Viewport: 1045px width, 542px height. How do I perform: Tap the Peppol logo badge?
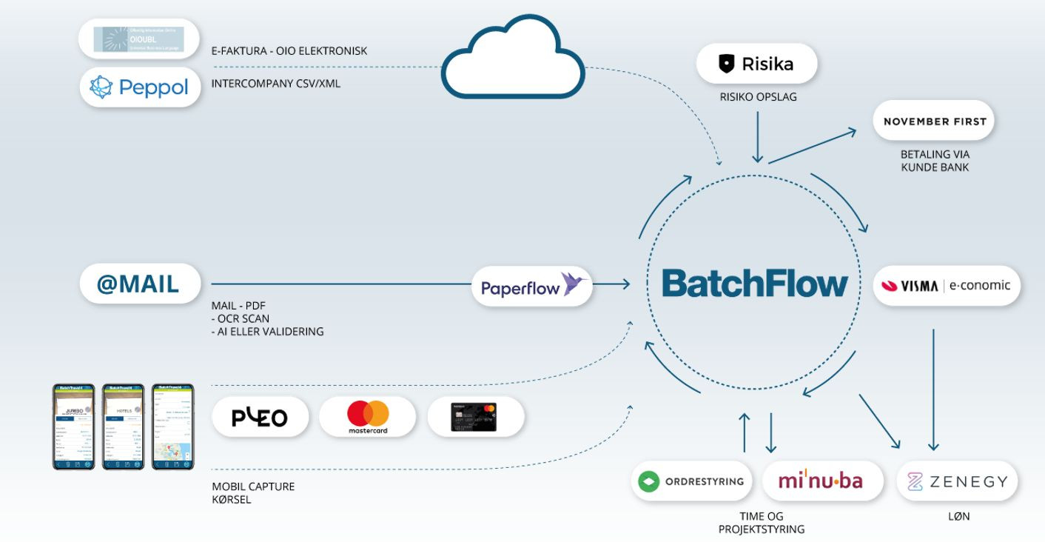click(140, 87)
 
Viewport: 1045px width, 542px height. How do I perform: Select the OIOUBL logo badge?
click(140, 39)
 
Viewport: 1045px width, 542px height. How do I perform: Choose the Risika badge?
click(756, 64)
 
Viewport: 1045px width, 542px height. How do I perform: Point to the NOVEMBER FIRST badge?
click(935, 121)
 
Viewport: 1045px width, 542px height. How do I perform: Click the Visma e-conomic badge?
click(947, 286)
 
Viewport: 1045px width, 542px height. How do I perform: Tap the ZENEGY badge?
click(957, 482)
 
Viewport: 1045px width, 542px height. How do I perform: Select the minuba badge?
click(821, 481)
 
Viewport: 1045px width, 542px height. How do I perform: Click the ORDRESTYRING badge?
click(691, 481)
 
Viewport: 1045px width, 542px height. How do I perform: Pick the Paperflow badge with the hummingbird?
click(532, 286)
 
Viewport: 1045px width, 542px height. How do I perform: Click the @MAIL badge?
click(140, 284)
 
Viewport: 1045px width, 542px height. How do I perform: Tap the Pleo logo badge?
click(260, 418)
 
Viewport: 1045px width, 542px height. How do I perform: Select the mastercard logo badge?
click(368, 417)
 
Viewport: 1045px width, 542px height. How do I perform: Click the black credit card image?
click(475, 417)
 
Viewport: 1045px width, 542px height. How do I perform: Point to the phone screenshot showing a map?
click(172, 426)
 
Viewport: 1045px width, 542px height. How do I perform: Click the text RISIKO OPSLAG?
click(758, 97)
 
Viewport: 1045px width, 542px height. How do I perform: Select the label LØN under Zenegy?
click(958, 516)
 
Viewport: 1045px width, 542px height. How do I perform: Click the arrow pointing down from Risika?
click(756, 136)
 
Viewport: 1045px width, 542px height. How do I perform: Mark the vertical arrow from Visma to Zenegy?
click(933, 389)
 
